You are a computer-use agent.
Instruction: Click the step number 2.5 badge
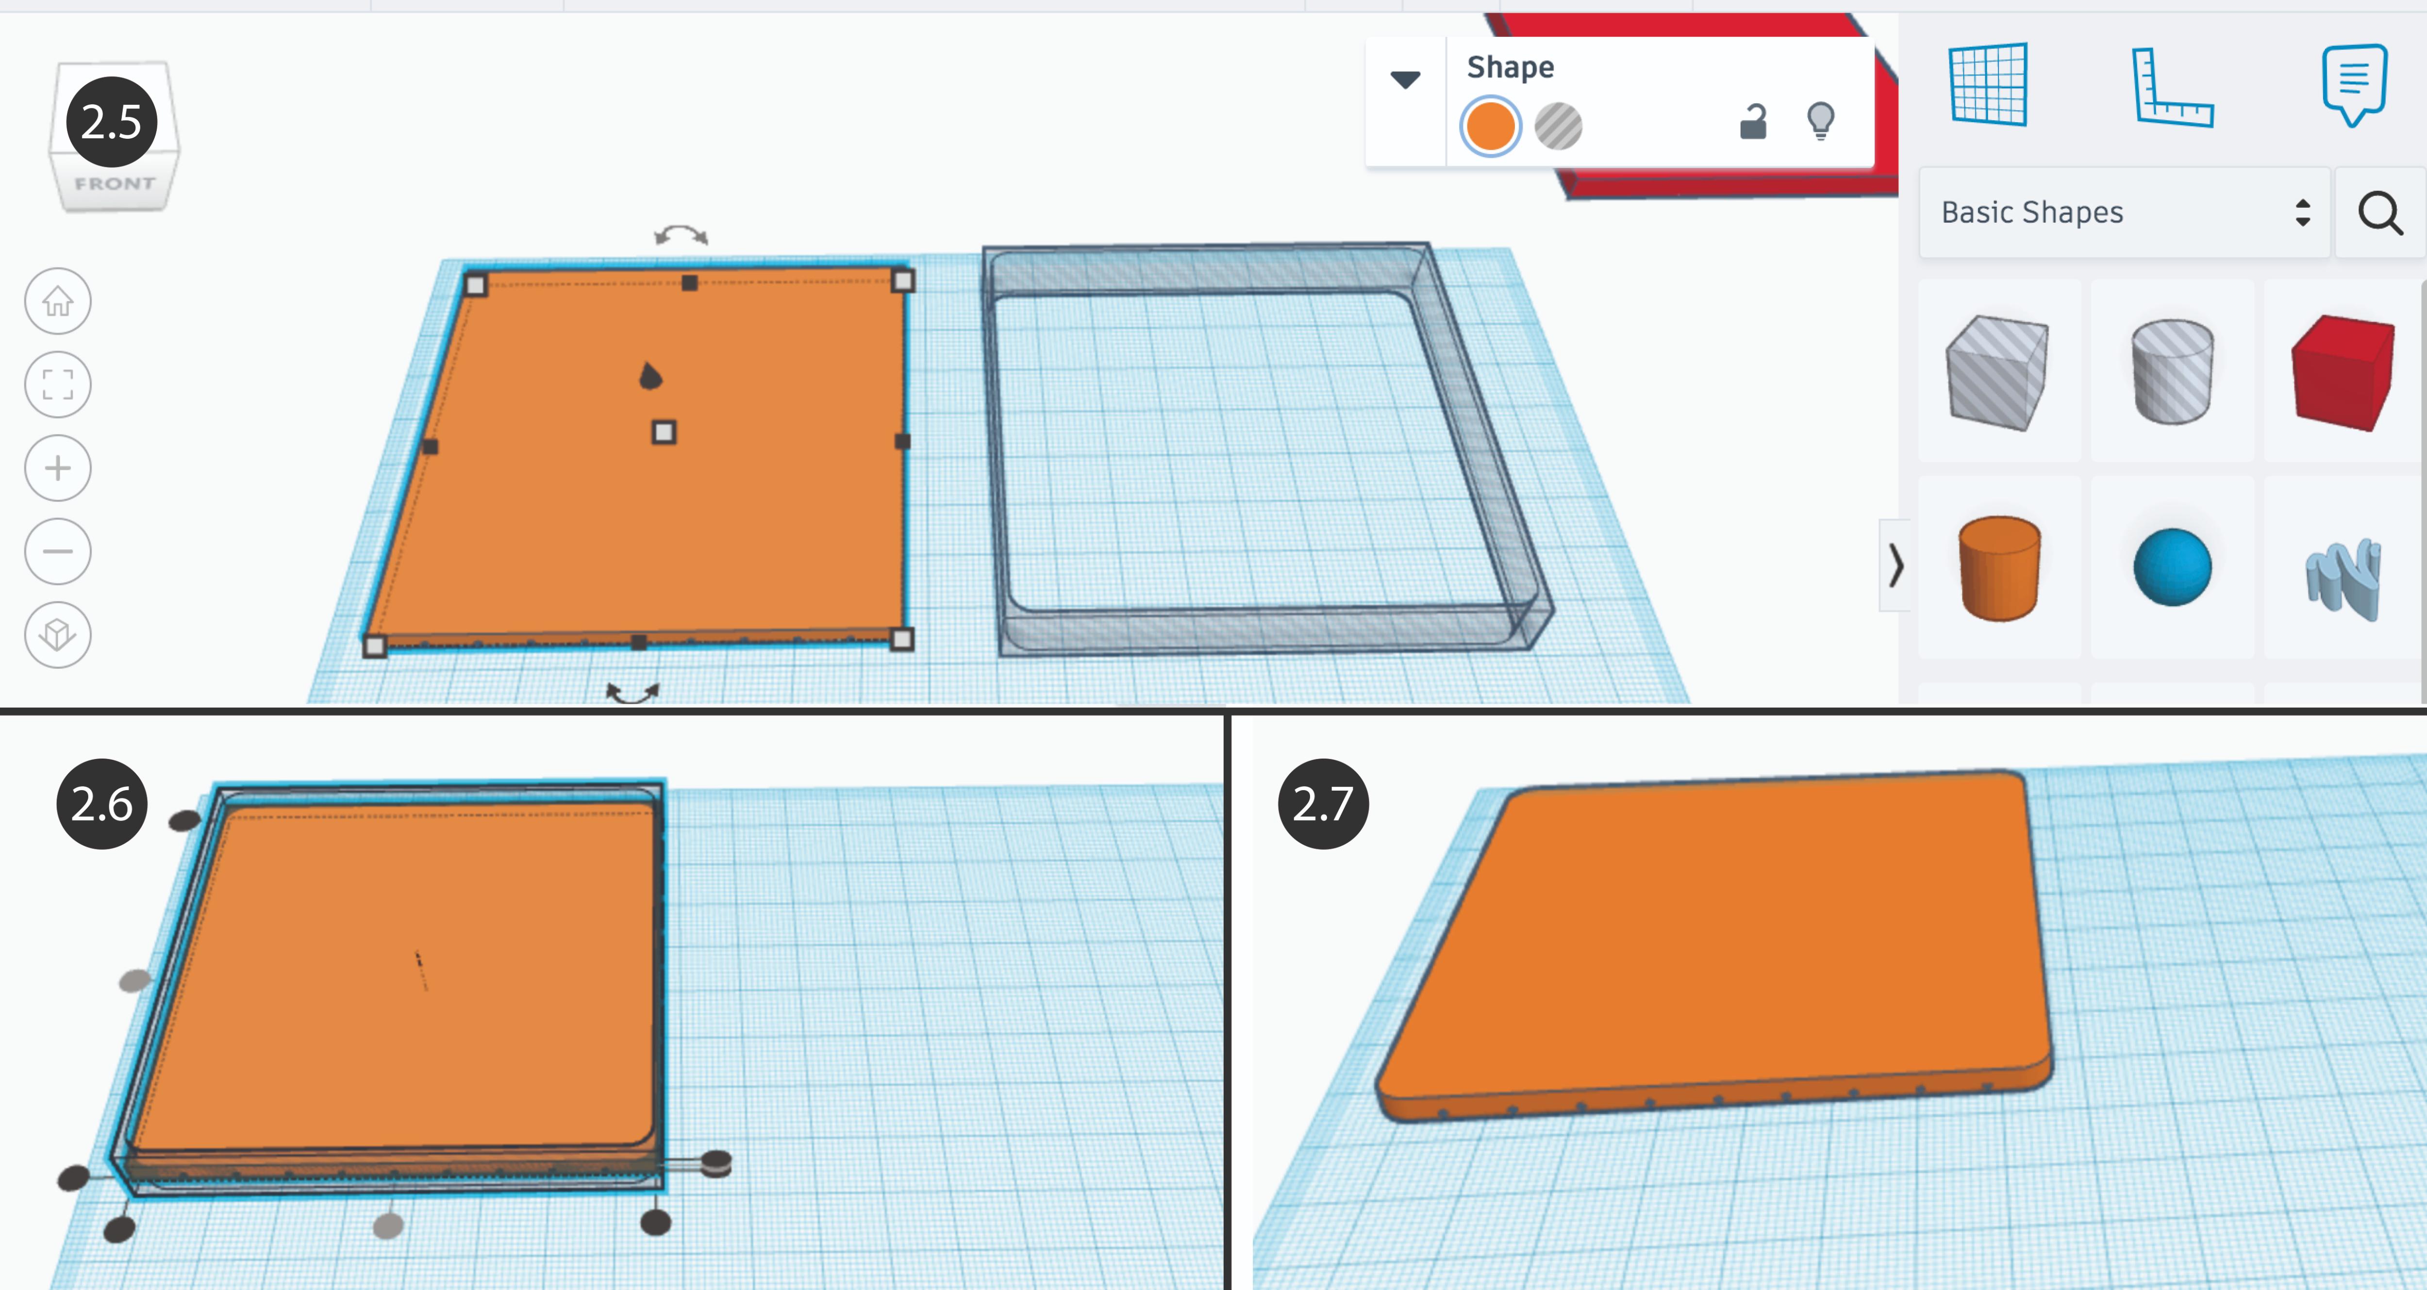(x=111, y=121)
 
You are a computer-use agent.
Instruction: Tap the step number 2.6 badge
(x=102, y=804)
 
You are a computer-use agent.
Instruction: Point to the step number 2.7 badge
(x=1323, y=804)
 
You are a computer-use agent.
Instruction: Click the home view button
(x=57, y=301)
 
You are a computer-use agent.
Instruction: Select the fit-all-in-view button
(x=57, y=384)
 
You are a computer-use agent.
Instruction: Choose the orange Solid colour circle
(x=1490, y=126)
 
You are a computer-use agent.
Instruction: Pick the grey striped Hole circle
(x=1558, y=126)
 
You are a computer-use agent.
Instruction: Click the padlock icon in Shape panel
(x=1752, y=121)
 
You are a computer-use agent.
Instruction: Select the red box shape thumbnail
(x=2343, y=372)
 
